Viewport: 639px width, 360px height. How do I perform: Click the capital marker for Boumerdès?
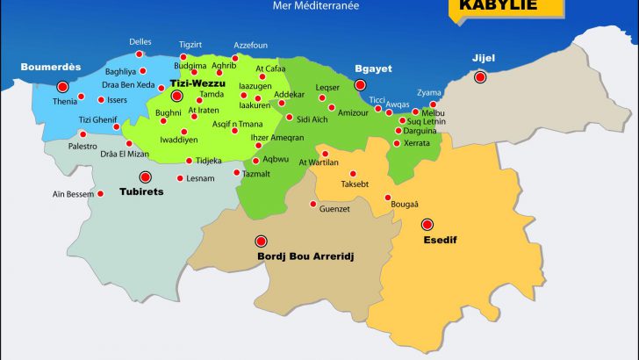(x=62, y=87)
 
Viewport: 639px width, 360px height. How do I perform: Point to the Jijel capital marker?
(x=480, y=77)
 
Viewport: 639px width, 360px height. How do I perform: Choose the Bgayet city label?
(x=372, y=68)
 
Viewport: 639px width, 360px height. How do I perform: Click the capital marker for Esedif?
(x=427, y=224)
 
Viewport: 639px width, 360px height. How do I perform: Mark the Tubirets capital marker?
(x=145, y=176)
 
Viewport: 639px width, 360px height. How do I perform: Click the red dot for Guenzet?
(x=313, y=205)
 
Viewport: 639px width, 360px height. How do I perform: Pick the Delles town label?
(x=140, y=41)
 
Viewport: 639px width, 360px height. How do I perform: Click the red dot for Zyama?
(x=433, y=104)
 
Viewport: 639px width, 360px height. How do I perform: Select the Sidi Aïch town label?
(x=313, y=119)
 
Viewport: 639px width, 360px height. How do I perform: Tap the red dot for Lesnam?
(x=179, y=178)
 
